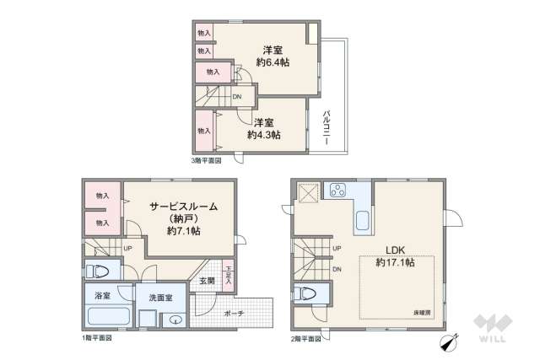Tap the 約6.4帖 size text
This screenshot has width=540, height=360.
(x=273, y=62)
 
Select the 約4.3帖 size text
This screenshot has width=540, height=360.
(x=264, y=135)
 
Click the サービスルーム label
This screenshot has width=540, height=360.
(x=184, y=206)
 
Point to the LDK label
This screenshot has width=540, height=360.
(x=396, y=250)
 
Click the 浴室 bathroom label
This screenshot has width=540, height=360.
(x=102, y=296)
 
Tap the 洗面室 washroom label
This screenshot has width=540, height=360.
(x=161, y=298)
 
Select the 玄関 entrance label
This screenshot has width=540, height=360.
(x=207, y=281)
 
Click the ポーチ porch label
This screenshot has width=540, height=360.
(x=234, y=314)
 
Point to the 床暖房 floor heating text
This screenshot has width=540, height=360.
(x=424, y=311)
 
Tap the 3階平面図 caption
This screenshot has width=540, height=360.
(x=206, y=159)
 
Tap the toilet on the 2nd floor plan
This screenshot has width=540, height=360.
(x=308, y=294)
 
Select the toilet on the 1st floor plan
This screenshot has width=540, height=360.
(x=100, y=271)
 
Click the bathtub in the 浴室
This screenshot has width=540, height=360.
(x=107, y=319)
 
